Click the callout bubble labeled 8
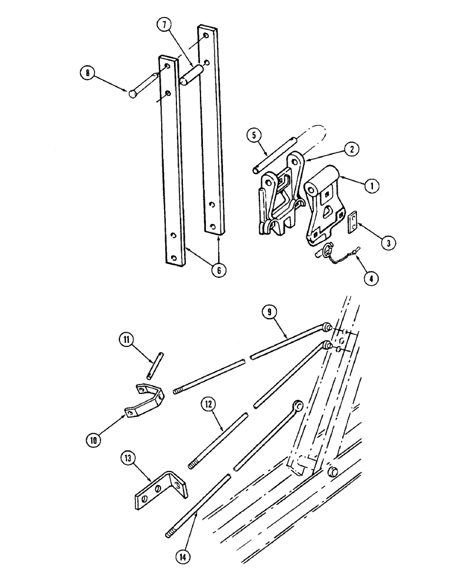click(88, 73)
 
